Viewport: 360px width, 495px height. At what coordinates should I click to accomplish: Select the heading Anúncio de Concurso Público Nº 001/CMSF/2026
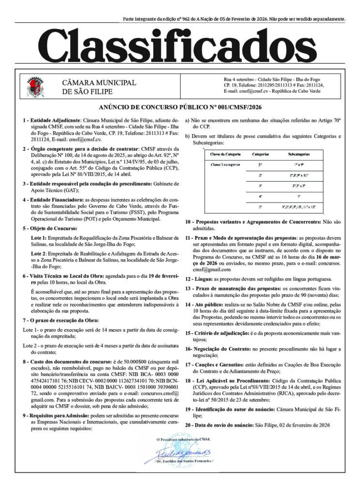pyautogui.click(x=180, y=107)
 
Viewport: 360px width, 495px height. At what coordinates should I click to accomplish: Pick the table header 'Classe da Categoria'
pyautogui.click(x=225, y=154)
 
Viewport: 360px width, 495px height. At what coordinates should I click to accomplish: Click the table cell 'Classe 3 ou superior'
pyautogui.click(x=225, y=164)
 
